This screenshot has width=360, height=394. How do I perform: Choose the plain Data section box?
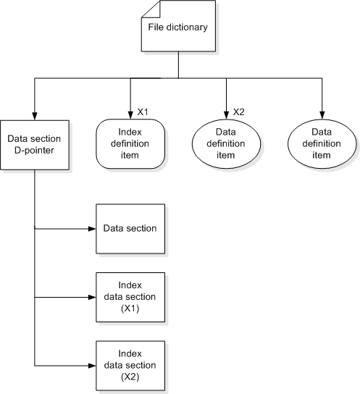tap(130, 228)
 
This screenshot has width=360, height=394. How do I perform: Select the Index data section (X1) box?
tap(130, 297)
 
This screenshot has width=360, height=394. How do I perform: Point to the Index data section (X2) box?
tap(130, 366)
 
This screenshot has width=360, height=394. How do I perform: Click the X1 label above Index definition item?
tap(143, 112)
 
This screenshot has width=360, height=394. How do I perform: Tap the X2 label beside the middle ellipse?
tap(239, 112)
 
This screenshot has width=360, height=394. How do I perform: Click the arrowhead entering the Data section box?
tap(92, 228)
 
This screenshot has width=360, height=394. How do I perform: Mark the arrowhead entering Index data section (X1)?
tap(92, 297)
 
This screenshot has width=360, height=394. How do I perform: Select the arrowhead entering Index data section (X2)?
tap(92, 366)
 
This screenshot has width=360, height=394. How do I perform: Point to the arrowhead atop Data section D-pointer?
tap(35, 116)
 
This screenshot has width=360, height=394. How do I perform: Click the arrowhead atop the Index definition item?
tap(130, 116)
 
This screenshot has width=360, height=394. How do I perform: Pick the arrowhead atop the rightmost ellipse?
tap(322, 116)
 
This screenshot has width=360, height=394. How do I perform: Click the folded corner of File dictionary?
tap(148, 9)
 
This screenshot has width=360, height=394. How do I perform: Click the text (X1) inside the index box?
tap(130, 309)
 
